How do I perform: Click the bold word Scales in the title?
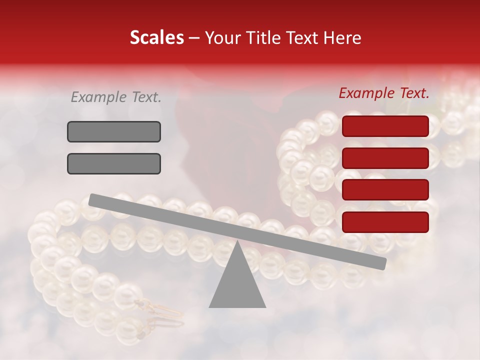(156, 37)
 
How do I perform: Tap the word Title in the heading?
(261, 37)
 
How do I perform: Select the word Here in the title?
(342, 37)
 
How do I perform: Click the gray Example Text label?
(116, 97)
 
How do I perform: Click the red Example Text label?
(384, 93)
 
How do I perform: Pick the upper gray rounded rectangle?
(114, 131)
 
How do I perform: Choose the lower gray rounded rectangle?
(114, 163)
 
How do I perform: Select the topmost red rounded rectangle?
(385, 126)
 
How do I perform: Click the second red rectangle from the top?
(385, 158)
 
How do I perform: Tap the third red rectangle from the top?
(385, 190)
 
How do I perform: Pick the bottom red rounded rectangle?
(385, 222)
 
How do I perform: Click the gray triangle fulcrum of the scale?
(237, 285)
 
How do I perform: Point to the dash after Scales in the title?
(194, 37)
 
